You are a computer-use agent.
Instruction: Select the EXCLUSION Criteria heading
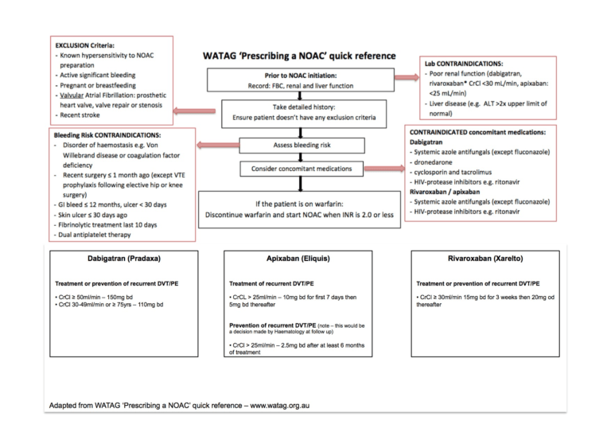85,45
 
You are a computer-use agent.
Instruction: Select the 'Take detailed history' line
304,106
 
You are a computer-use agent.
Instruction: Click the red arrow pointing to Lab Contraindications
405,77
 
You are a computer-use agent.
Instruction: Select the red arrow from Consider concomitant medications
383,169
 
